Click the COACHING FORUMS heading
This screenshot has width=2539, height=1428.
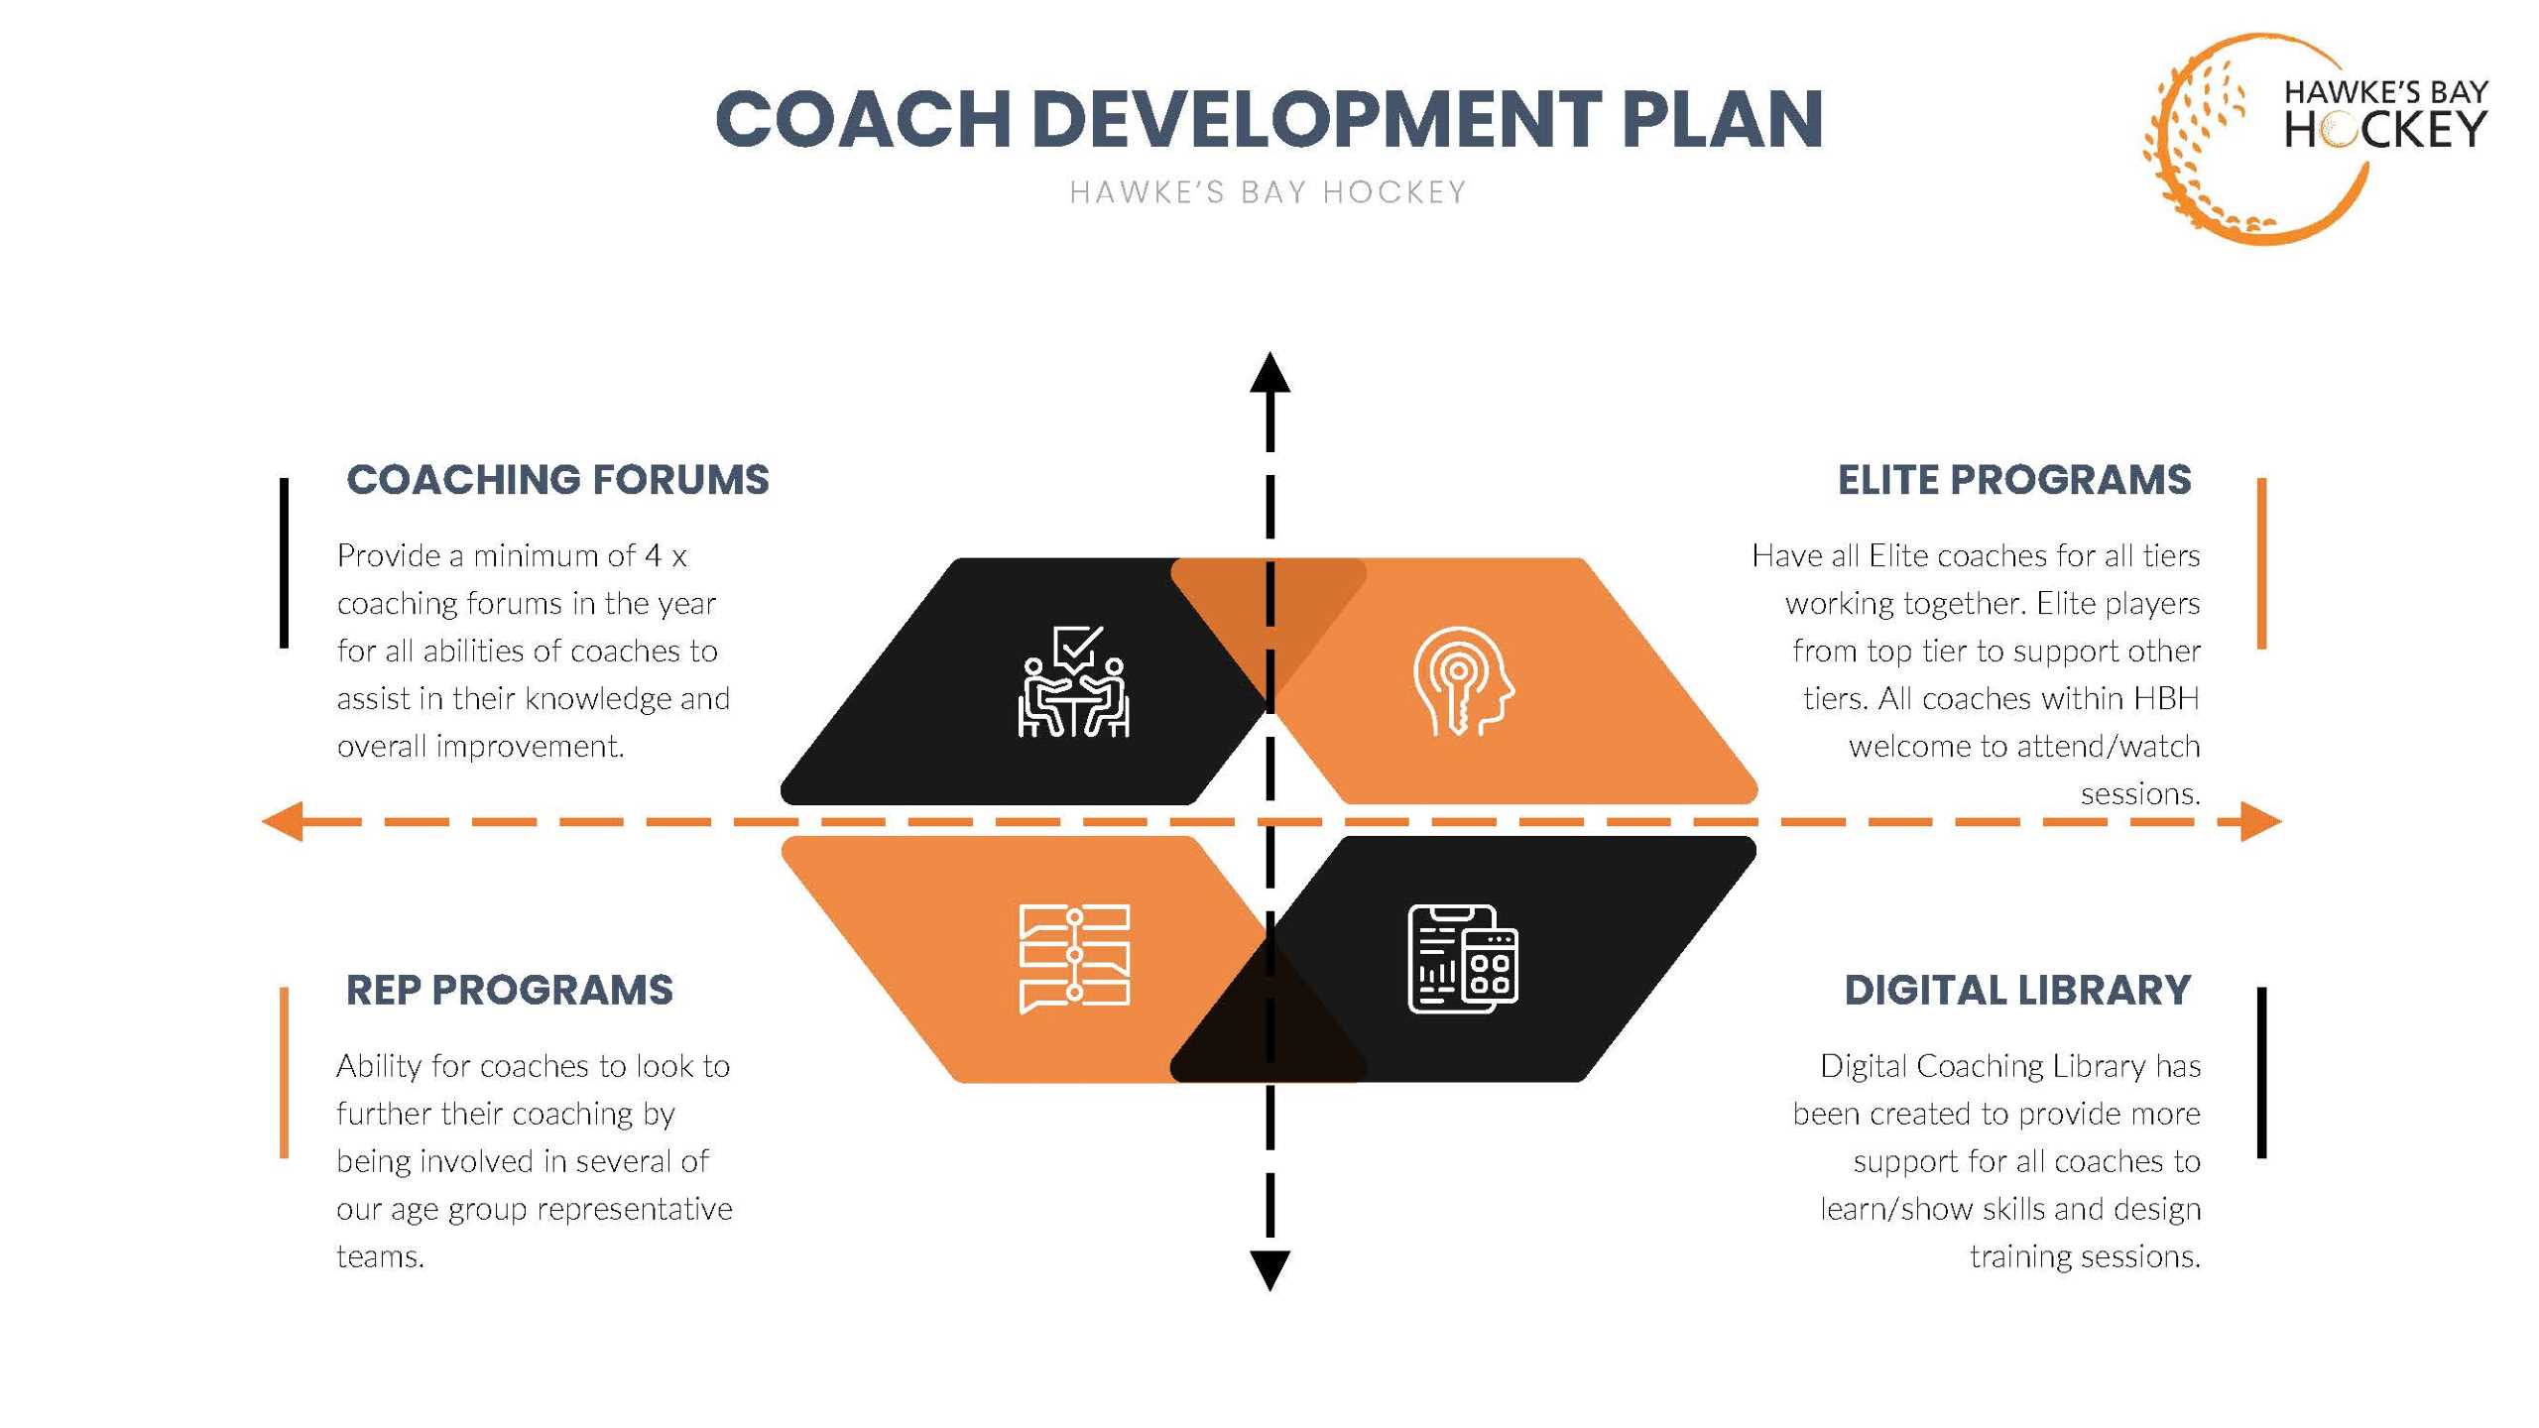[x=557, y=480]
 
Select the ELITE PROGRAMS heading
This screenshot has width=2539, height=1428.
[x=2014, y=480]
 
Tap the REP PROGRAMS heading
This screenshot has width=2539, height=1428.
[x=509, y=990]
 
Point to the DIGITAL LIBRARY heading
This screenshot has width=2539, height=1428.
[x=2017, y=990]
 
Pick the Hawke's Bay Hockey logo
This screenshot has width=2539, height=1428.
[x=2315, y=138]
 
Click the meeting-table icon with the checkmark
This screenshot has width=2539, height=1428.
[x=1074, y=681]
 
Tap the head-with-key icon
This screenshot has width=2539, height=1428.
[x=1464, y=681]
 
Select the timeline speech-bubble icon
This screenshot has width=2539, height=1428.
[x=1074, y=959]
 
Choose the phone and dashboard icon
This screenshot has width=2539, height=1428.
[x=1464, y=959]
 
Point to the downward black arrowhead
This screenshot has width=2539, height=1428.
[x=1269, y=1270]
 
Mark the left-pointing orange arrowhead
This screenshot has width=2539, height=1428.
[x=283, y=821]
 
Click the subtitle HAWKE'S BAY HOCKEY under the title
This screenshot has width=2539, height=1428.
[x=1269, y=192]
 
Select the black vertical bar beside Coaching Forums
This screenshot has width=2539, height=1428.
[x=284, y=563]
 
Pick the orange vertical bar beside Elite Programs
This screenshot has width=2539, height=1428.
[x=2261, y=563]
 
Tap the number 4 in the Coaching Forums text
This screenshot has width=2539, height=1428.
[x=653, y=555]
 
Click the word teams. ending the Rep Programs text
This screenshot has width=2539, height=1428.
[x=380, y=1256]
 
